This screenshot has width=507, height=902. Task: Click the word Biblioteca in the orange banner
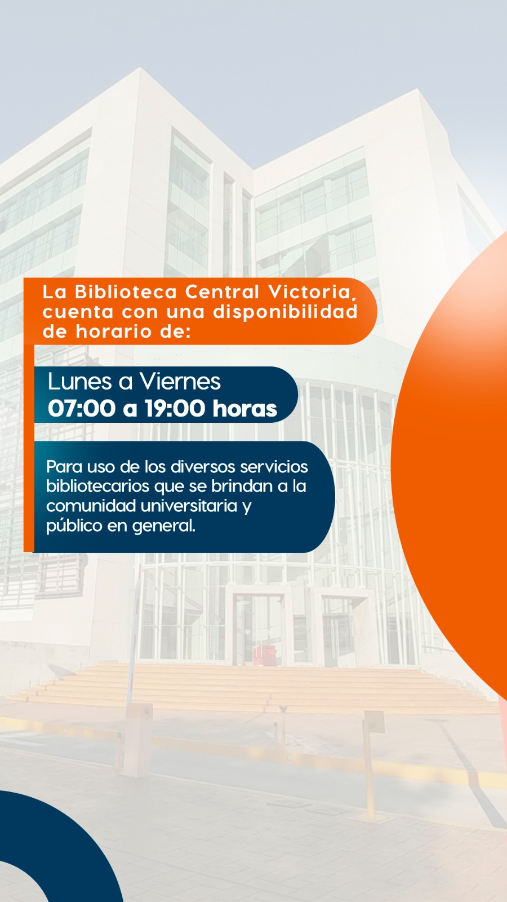coord(126,292)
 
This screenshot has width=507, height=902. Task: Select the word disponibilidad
coord(285,312)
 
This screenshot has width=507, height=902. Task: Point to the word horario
coord(114,332)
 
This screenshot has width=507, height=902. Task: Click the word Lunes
coord(79,381)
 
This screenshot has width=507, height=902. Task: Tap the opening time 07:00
coord(82,408)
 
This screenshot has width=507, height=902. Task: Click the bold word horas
coord(245,408)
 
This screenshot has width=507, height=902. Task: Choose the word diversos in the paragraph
coord(203,467)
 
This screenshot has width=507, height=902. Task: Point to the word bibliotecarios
coord(98,486)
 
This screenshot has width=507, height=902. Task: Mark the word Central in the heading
coord(222,292)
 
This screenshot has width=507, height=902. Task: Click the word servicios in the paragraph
coord(274,467)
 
